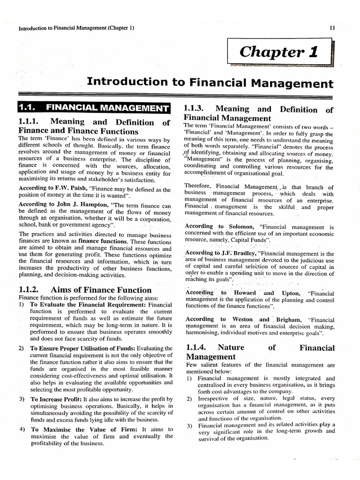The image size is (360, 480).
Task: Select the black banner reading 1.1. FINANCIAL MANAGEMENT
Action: point(93,107)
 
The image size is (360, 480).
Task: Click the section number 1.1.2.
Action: point(31,290)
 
